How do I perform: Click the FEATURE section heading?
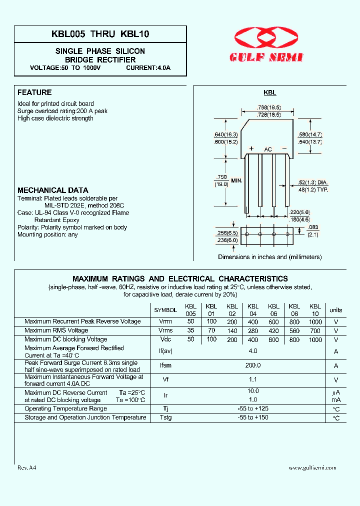(x=34, y=92)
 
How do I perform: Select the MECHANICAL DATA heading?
(x=53, y=190)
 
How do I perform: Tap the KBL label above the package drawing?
(x=270, y=92)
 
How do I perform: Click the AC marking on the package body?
(x=268, y=149)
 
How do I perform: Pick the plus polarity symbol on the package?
(x=251, y=149)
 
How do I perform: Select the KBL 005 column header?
(x=190, y=310)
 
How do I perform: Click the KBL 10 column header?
(x=315, y=310)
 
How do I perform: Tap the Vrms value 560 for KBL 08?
(x=294, y=330)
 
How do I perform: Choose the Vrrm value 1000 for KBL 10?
(x=315, y=322)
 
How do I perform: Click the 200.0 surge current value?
(x=253, y=365)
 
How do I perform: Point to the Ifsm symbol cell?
(x=165, y=365)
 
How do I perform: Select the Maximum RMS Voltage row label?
(x=56, y=330)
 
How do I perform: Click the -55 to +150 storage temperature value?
(x=253, y=417)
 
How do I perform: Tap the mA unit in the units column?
(x=336, y=400)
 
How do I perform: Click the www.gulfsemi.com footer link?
(x=312, y=468)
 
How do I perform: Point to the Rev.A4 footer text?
(x=27, y=468)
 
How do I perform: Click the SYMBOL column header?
(x=165, y=310)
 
